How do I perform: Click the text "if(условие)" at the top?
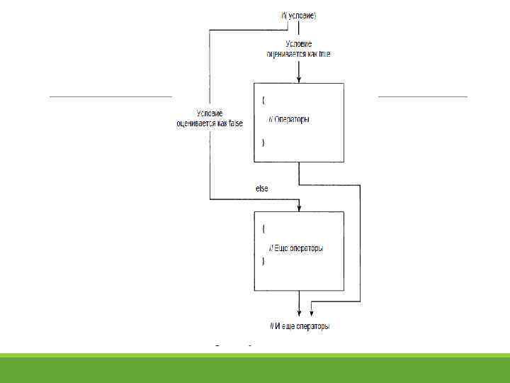(x=298, y=16)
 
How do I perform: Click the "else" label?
(x=261, y=189)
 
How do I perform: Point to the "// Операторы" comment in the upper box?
(x=289, y=119)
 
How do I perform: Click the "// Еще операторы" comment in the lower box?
(x=296, y=248)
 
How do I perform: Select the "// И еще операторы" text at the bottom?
(x=300, y=326)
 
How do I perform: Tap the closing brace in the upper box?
(x=263, y=143)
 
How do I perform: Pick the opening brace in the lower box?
(x=263, y=229)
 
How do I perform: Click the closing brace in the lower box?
(x=263, y=262)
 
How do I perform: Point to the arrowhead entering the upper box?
(x=299, y=79)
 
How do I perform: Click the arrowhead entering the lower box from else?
(x=299, y=208)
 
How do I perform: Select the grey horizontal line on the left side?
(x=110, y=96)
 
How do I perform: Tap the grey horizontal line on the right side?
(x=423, y=96)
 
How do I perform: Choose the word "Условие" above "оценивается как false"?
(x=210, y=114)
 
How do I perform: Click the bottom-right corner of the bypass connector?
(x=360, y=301)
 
